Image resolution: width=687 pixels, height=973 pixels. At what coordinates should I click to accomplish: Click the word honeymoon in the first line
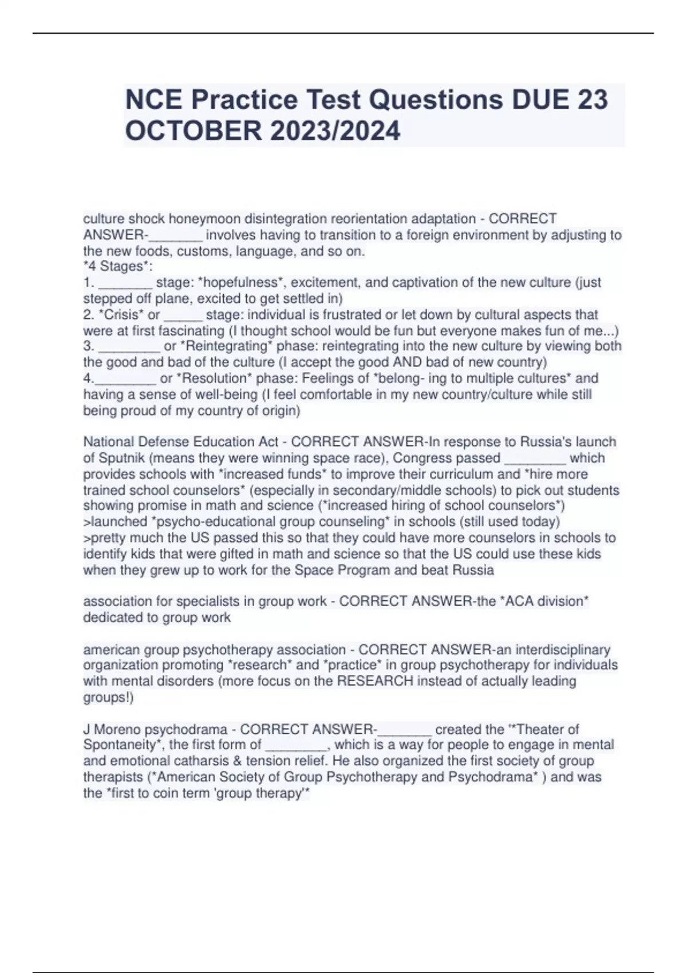pos(205,219)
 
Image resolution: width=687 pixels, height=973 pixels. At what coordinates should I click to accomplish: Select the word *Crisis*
pos(121,314)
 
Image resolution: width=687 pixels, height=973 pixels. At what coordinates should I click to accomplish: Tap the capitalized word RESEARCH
pos(375,681)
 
